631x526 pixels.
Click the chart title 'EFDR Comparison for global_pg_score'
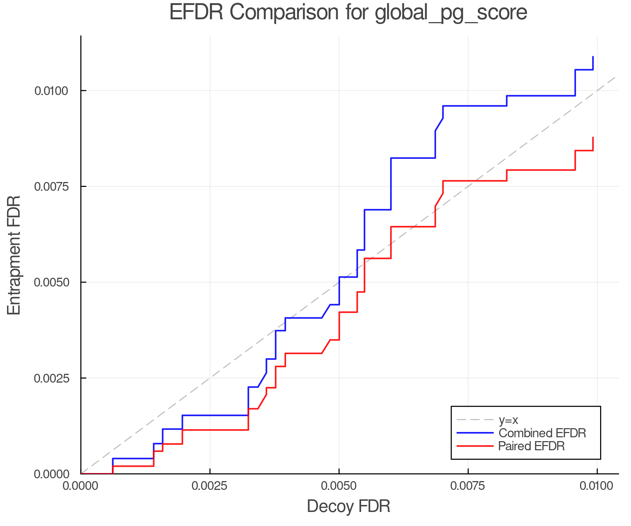pyautogui.click(x=348, y=13)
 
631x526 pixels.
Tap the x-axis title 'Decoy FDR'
pyautogui.click(x=348, y=506)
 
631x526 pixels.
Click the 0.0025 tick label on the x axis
pyautogui.click(x=210, y=486)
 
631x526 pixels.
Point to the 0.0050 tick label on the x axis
pyautogui.click(x=339, y=486)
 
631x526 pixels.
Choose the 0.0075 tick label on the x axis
pyautogui.click(x=468, y=486)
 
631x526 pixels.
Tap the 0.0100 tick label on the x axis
pyautogui.click(x=597, y=486)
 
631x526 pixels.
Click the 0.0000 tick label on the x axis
pyautogui.click(x=81, y=486)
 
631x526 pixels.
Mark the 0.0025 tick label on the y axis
pyautogui.click(x=51, y=378)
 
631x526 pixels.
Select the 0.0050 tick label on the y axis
pyautogui.click(x=51, y=282)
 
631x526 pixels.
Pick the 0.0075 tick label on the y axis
pyautogui.click(x=51, y=186)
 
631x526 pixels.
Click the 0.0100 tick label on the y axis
pyautogui.click(x=51, y=91)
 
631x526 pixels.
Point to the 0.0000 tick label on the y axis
pyautogui.click(x=51, y=474)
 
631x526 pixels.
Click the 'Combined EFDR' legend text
pyautogui.click(x=542, y=433)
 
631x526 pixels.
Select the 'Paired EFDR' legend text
pyautogui.click(x=531, y=446)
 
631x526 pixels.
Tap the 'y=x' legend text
pyautogui.click(x=508, y=420)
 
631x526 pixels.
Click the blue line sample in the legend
pyautogui.click(x=475, y=433)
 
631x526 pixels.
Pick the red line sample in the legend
pyautogui.click(x=475, y=446)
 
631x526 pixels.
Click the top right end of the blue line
pyautogui.click(x=593, y=57)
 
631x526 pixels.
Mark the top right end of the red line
pyautogui.click(x=593, y=137)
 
